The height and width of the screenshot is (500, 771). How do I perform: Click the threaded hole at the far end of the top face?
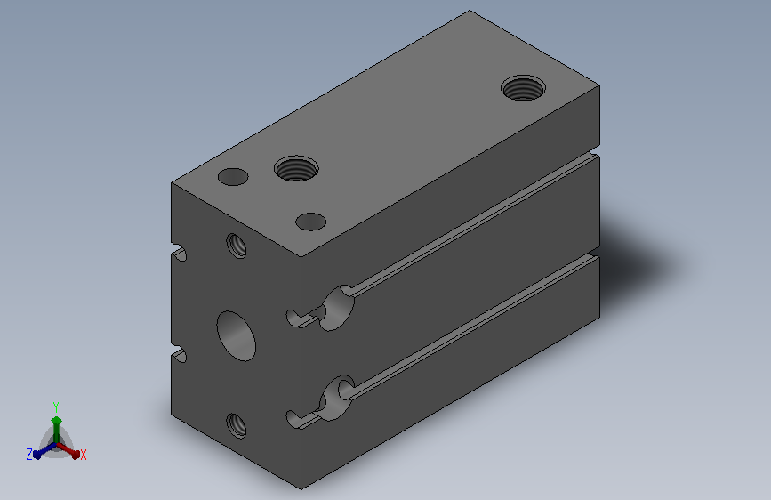tap(523, 88)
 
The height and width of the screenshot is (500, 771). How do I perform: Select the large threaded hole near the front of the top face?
tap(296, 168)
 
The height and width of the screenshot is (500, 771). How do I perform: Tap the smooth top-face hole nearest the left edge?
tap(233, 177)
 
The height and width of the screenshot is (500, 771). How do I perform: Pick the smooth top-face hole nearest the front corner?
tap(310, 222)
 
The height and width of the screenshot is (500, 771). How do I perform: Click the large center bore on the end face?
tap(236, 335)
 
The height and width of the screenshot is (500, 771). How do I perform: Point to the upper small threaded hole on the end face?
tap(237, 246)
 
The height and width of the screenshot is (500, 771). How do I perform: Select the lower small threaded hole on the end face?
tap(237, 425)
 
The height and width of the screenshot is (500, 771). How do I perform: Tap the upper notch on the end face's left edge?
tap(179, 253)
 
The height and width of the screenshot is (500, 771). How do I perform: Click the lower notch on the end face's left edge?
tap(179, 354)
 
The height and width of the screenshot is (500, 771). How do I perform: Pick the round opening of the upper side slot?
tap(337, 308)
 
